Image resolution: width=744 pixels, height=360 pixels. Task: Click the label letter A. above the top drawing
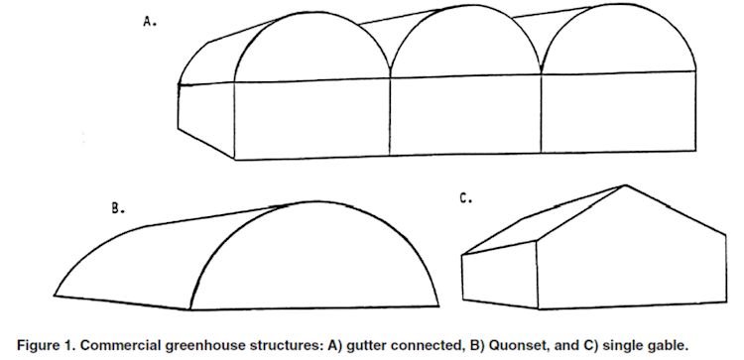pos(150,21)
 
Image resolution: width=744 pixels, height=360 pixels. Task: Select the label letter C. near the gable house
pos(465,198)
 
